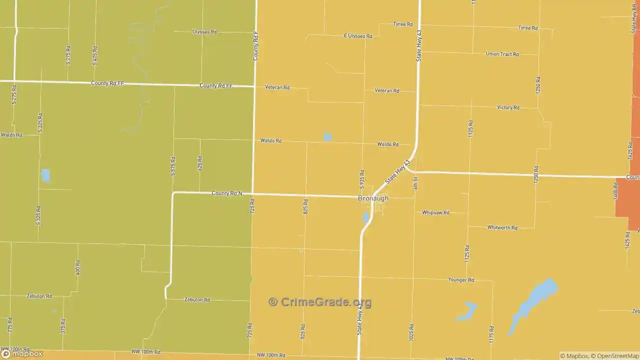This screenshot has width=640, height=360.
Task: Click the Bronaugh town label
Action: coord(373,198)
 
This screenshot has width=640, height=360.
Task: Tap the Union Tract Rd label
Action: coord(502,54)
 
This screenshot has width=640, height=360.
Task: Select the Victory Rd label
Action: coord(508,107)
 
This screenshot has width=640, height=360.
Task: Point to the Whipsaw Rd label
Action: coord(435,212)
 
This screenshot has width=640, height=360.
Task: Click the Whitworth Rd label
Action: coord(502,227)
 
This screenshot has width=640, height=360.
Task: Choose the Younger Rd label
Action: coord(460,280)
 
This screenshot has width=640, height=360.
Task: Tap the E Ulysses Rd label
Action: coord(358,36)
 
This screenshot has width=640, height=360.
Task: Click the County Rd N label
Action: coord(227,193)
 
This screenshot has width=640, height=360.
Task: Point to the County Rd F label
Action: coord(255,46)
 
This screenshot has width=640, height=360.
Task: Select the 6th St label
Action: coord(415,182)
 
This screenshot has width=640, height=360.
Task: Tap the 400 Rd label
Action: coord(77,267)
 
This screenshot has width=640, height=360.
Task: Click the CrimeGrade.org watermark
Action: coord(320,302)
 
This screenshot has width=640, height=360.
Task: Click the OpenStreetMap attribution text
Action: coord(615,356)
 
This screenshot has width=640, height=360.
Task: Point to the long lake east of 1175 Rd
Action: coord(532,305)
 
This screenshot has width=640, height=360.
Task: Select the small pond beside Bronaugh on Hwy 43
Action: coord(366,217)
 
